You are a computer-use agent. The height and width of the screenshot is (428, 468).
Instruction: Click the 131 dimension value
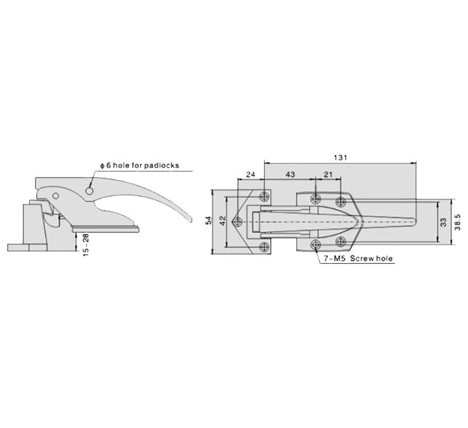(340, 157)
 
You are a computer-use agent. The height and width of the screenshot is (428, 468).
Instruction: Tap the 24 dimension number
(250, 174)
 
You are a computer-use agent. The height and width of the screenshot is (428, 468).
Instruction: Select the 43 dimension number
(290, 174)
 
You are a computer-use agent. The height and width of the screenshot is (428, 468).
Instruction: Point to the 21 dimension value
(328, 174)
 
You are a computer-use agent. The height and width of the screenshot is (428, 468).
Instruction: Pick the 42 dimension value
(222, 220)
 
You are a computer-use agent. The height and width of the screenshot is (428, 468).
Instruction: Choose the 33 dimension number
(444, 223)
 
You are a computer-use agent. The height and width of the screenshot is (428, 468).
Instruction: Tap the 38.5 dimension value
(458, 222)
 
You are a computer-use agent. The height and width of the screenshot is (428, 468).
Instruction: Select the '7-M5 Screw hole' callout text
(358, 258)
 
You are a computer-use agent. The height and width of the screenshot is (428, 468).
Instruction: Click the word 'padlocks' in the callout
(162, 165)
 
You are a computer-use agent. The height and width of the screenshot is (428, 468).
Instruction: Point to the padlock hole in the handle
(89, 191)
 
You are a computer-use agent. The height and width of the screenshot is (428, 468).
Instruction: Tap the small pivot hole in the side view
(55, 196)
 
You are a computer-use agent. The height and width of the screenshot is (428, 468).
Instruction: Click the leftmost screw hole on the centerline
(238, 221)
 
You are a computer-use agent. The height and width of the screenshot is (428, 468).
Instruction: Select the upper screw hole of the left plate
(264, 196)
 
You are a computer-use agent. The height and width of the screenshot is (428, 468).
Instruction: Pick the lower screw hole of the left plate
(264, 247)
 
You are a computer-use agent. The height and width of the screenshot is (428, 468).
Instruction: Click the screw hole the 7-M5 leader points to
(315, 245)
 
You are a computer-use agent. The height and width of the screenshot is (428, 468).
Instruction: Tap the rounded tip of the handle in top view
(415, 222)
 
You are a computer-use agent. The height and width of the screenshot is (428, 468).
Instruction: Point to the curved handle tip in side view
(189, 219)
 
